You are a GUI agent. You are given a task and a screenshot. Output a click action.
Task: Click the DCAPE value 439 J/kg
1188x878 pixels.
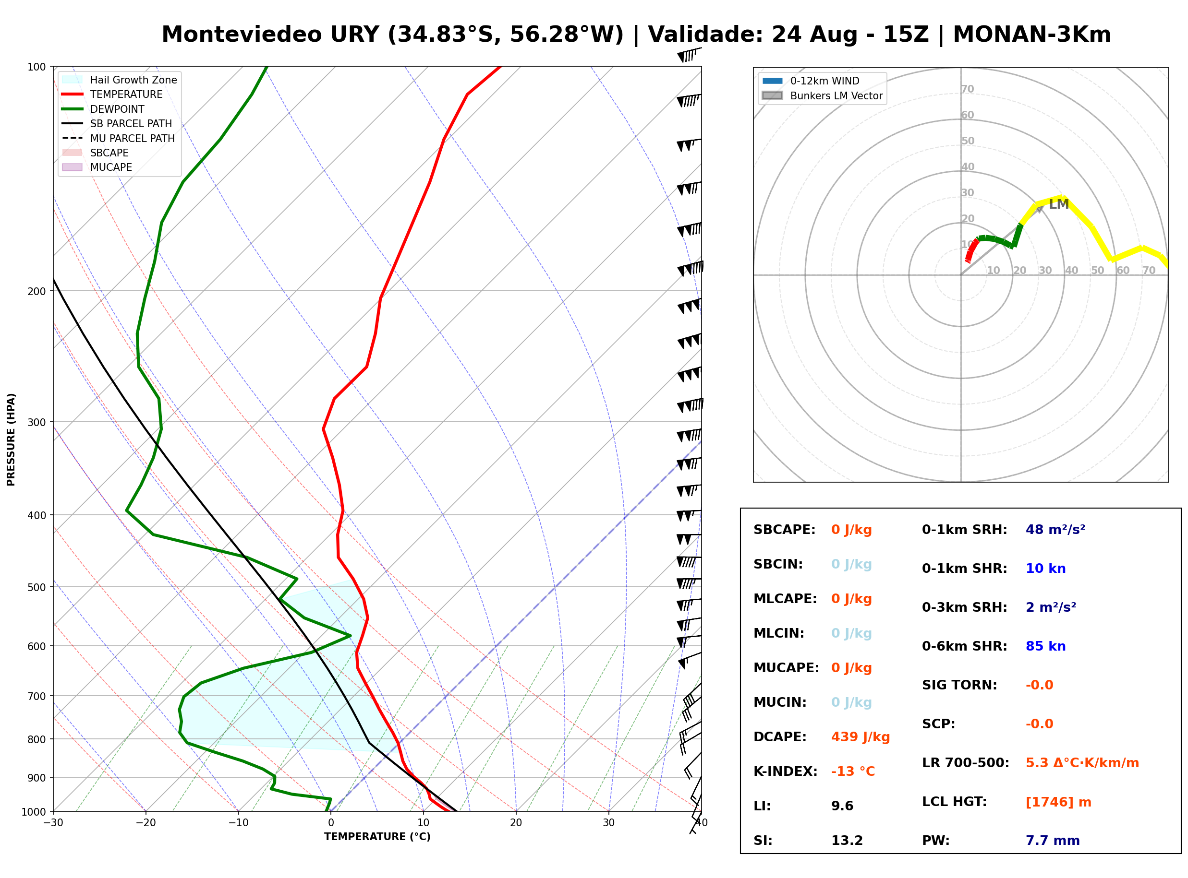pos(860,736)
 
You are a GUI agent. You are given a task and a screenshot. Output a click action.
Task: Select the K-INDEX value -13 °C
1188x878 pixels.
pos(852,771)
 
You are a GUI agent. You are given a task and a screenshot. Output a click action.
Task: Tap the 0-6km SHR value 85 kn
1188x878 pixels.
pos(1045,646)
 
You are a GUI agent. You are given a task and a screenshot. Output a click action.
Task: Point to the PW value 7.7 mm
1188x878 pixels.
pos(1053,840)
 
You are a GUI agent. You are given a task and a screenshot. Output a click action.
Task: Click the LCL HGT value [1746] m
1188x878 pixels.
pos(1058,802)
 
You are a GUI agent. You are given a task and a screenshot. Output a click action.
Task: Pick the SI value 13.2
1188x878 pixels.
pos(847,840)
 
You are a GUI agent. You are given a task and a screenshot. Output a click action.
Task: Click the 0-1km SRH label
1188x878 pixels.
pos(964,529)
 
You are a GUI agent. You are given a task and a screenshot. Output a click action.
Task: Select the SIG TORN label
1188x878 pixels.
pos(959,685)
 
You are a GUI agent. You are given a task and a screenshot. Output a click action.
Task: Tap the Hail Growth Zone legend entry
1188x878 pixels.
pos(120,80)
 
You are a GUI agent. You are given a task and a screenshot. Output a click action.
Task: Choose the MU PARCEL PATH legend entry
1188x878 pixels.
pos(119,138)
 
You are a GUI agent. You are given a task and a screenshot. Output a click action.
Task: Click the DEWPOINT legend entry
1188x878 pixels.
pos(103,109)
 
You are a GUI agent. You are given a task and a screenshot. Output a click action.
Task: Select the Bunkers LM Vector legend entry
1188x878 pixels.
pos(822,95)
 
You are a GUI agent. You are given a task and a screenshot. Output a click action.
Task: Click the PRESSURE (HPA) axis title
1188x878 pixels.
pos(11,439)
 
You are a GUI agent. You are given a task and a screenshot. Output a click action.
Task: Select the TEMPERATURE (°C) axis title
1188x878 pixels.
pos(377,837)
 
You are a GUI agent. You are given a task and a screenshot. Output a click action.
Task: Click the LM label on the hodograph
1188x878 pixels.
pos(1058,204)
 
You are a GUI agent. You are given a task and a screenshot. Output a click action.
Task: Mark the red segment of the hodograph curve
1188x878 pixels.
pos(970,250)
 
